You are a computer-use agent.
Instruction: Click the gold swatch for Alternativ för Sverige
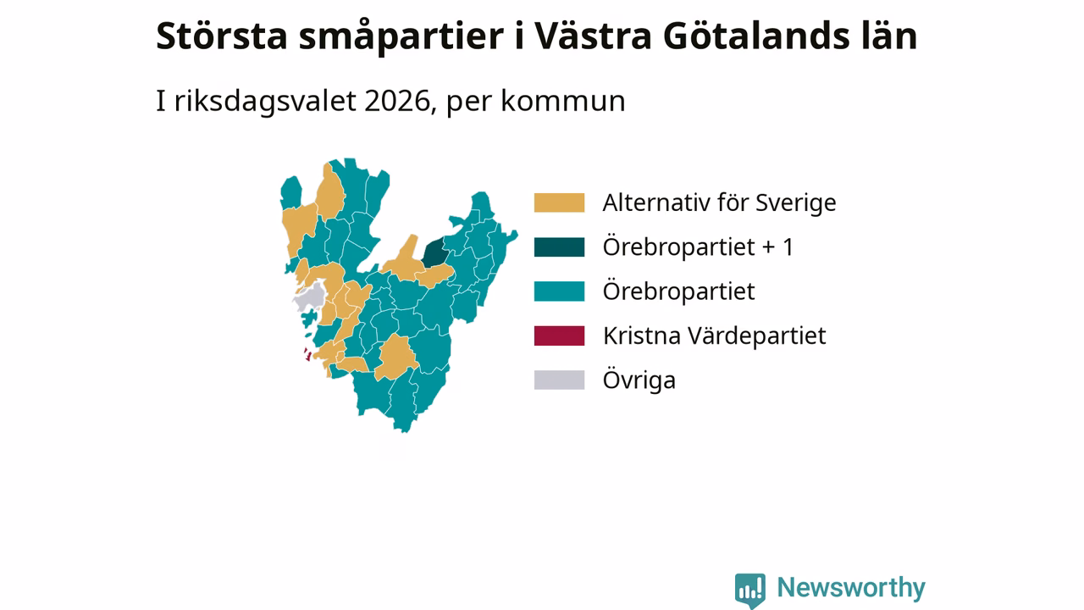point(559,202)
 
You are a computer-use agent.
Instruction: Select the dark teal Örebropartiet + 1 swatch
point(559,247)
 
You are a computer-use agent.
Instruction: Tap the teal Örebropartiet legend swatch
point(559,291)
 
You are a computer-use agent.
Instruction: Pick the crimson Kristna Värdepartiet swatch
point(559,336)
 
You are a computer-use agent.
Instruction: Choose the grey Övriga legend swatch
point(559,380)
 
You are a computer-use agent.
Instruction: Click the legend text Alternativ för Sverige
point(719,202)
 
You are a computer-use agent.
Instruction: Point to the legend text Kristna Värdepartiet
point(714,336)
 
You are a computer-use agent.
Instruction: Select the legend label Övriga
point(639,380)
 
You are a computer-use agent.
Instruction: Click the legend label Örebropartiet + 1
point(699,247)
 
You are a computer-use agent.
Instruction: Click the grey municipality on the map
point(310,297)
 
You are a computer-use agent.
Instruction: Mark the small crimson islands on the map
point(307,354)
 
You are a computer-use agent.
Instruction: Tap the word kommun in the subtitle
point(563,101)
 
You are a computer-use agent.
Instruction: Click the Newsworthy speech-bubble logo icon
point(749,591)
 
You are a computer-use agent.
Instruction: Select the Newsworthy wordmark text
point(851,587)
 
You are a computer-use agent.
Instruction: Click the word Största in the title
point(222,36)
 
